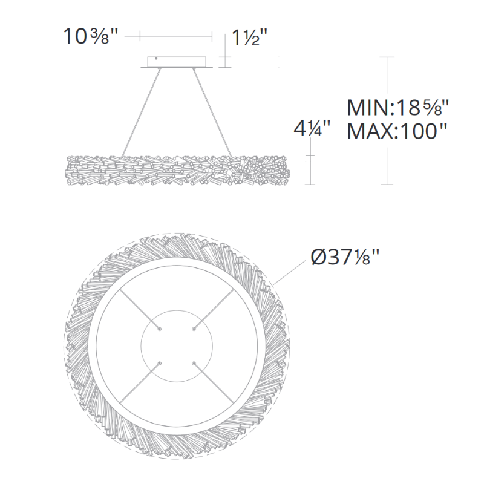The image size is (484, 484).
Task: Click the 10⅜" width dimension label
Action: pyautogui.click(x=87, y=37)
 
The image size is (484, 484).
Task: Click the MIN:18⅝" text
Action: pyautogui.click(x=397, y=108)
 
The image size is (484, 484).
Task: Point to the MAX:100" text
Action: pyautogui.click(x=397, y=131)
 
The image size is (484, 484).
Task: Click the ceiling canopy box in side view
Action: pyautogui.click(x=177, y=62)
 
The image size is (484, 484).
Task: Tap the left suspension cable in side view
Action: pyautogui.click(x=142, y=113)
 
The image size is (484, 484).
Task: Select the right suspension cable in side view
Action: pyautogui.click(x=212, y=113)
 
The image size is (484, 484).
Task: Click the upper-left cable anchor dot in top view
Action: pyautogui.click(x=159, y=329)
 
